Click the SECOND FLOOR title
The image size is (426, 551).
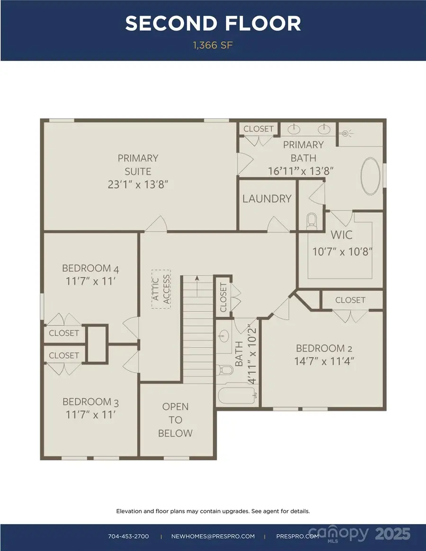click(x=213, y=24)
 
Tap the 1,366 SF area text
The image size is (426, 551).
click(x=213, y=45)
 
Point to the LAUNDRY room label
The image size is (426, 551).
click(x=267, y=199)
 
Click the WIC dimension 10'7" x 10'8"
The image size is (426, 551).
click(x=340, y=251)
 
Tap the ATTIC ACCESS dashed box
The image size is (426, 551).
click(x=160, y=289)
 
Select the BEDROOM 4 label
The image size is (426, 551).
click(x=90, y=269)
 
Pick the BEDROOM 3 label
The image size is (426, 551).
click(x=90, y=402)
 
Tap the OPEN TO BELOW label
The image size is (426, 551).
click(x=175, y=420)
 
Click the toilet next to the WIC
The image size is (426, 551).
click(x=311, y=220)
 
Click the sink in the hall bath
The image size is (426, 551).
click(x=224, y=337)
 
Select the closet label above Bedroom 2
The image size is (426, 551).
click(x=350, y=300)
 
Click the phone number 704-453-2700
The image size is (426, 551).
click(x=129, y=536)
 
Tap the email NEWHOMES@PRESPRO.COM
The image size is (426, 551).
click(x=213, y=536)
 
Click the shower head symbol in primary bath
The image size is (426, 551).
click(x=346, y=134)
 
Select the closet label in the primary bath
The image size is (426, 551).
click(x=258, y=129)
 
